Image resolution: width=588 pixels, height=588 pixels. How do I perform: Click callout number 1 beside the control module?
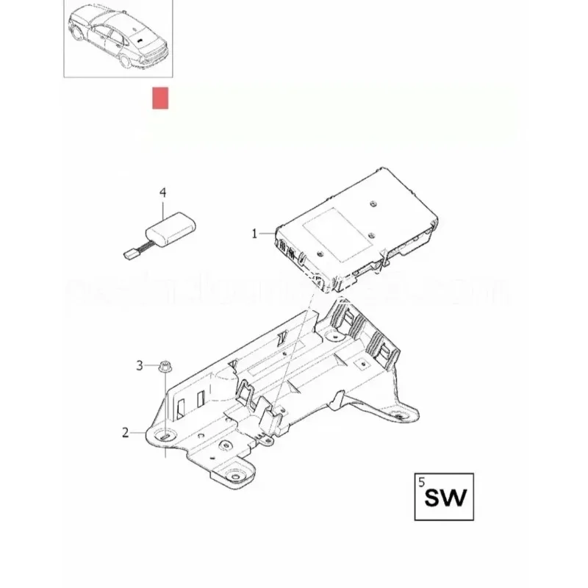tap(254, 233)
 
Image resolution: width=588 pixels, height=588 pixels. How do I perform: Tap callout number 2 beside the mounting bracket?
tap(125, 433)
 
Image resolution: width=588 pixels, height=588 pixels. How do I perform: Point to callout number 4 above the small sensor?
tap(163, 193)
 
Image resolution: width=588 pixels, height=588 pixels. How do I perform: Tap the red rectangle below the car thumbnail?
tap(160, 98)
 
